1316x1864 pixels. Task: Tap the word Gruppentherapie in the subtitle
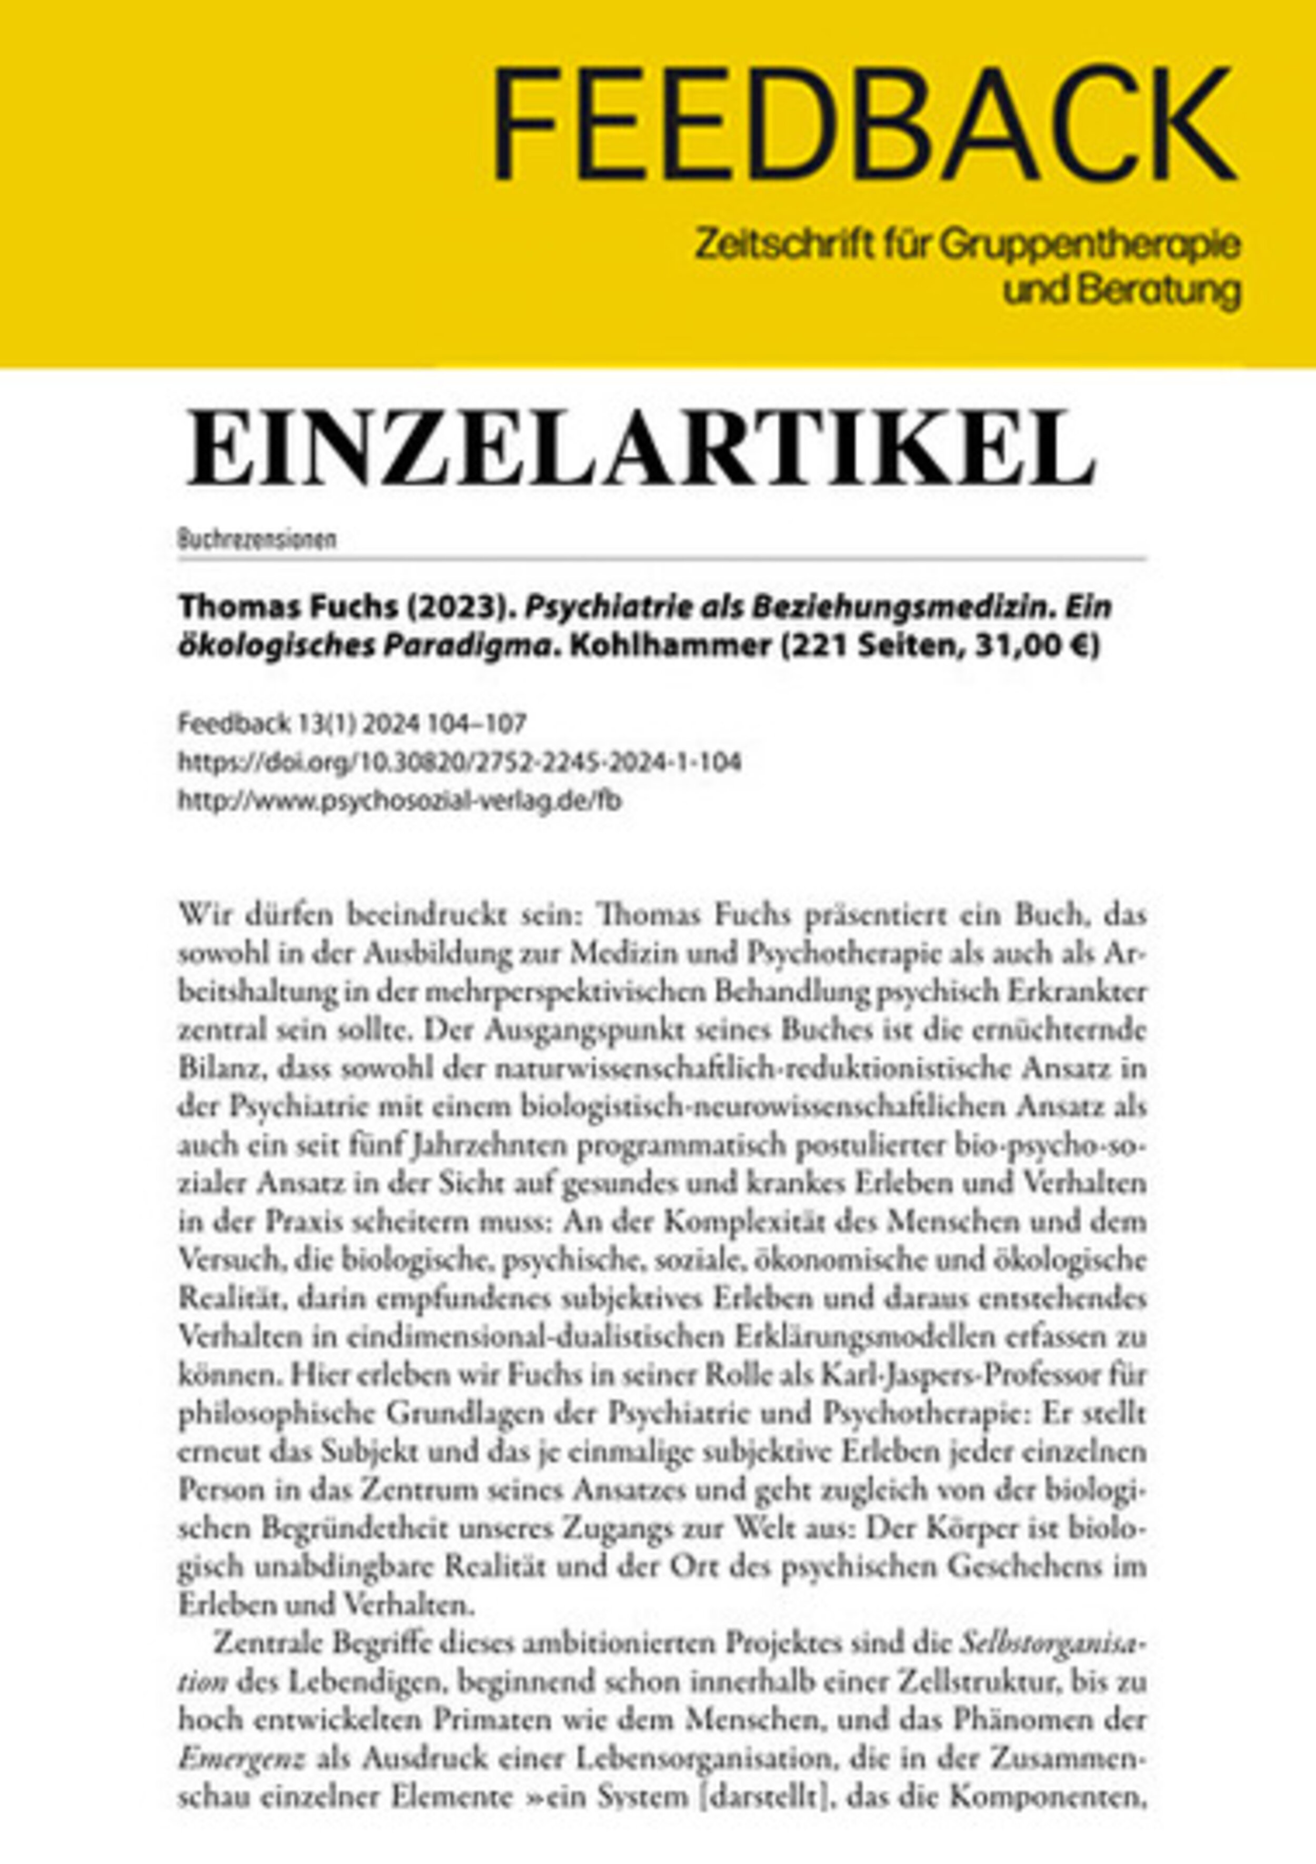1091,244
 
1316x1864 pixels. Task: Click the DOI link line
459,762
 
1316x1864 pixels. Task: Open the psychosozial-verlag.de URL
399,801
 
